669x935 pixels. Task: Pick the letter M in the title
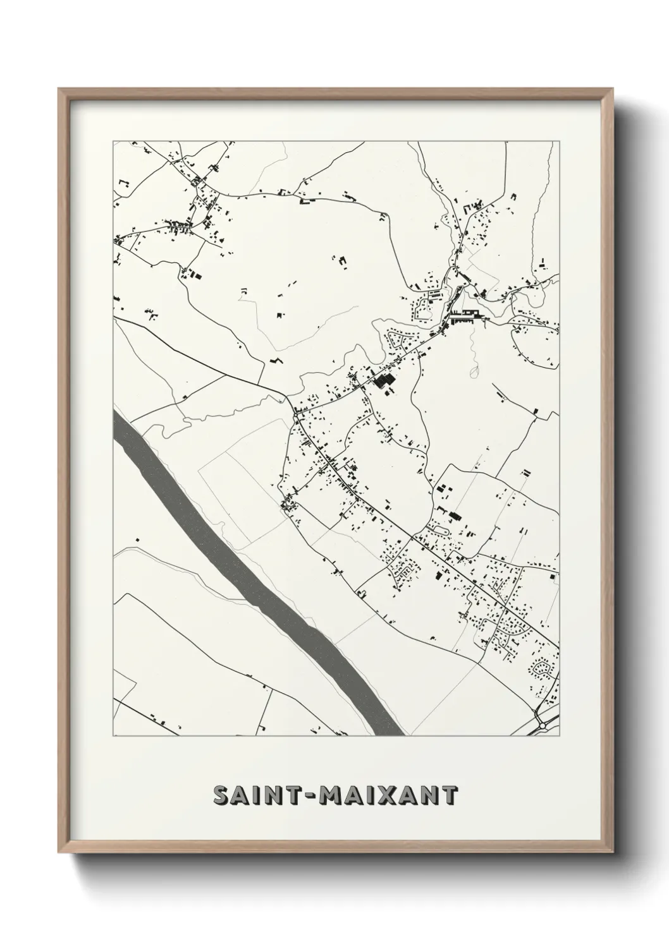pos(332,796)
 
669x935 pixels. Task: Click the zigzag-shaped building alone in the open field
pos(275,360)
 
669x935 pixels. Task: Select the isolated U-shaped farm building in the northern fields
pos(305,201)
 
